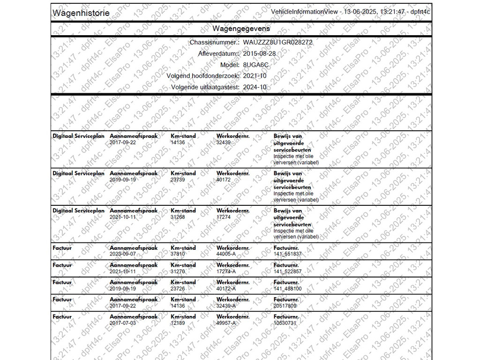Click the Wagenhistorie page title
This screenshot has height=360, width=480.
tap(81, 13)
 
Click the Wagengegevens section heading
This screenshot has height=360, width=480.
tap(241, 29)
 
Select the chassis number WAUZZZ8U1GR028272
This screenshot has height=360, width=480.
tap(277, 42)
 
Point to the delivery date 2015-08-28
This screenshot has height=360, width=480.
tap(259, 53)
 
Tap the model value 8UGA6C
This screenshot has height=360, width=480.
tap(256, 65)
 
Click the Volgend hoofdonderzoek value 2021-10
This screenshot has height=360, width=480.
tap(255, 75)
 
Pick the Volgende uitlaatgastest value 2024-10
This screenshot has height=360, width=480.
tap(255, 87)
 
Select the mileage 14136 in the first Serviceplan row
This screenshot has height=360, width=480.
tap(178, 142)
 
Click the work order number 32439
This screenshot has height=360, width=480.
tap(224, 142)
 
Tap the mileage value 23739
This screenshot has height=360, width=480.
tap(178, 180)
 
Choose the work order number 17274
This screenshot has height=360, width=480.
tap(224, 217)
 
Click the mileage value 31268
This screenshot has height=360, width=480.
tap(178, 217)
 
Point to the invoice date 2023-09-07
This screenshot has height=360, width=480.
tap(123, 254)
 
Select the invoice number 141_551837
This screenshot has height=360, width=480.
tap(288, 254)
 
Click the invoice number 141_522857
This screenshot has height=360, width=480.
tap(288, 271)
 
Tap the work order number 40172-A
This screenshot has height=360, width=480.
tap(226, 289)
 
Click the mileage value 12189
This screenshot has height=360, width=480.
tap(178, 323)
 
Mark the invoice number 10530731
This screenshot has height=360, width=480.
tap(285, 323)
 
